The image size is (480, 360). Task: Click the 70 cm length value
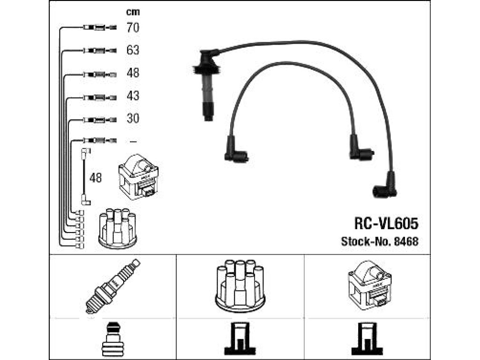click(x=133, y=28)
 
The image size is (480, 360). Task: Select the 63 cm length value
click(x=133, y=50)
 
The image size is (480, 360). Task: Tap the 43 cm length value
click(x=133, y=96)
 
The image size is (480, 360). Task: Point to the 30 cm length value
click(x=133, y=118)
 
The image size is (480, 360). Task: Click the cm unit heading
click(x=133, y=12)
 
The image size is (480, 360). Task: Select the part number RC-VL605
click(x=386, y=224)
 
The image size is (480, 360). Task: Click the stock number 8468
click(x=406, y=241)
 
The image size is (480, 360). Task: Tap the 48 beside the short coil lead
click(x=96, y=178)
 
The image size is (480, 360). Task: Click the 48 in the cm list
click(x=133, y=73)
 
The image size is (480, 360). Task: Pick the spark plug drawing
click(x=112, y=286)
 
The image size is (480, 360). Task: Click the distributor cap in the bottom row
click(x=240, y=286)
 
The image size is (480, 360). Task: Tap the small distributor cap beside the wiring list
click(x=118, y=226)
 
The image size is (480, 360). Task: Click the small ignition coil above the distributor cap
click(x=138, y=177)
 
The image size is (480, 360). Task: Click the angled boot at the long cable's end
click(x=385, y=186)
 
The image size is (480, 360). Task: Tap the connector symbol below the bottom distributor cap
click(x=240, y=339)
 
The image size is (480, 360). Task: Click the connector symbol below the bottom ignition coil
click(x=367, y=339)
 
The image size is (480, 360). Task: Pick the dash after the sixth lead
click(x=133, y=142)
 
